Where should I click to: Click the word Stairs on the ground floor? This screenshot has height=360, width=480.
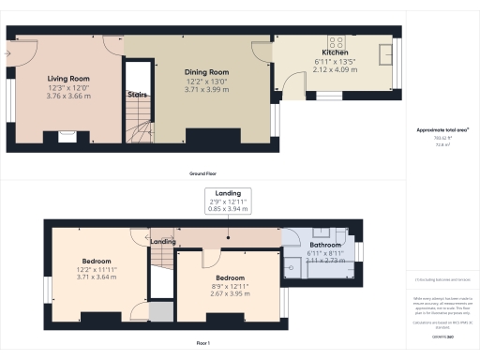(x=138, y=94)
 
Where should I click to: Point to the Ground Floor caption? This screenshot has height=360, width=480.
(x=203, y=174)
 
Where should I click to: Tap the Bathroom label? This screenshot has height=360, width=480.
(x=327, y=246)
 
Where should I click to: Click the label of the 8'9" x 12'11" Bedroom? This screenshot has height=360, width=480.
(x=232, y=278)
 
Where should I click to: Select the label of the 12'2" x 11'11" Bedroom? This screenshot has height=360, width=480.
(x=97, y=261)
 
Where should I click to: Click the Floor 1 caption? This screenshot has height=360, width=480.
(x=203, y=344)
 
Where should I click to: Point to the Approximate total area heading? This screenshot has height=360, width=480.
(x=442, y=129)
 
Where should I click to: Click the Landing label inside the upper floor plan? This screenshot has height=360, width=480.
(x=164, y=242)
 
